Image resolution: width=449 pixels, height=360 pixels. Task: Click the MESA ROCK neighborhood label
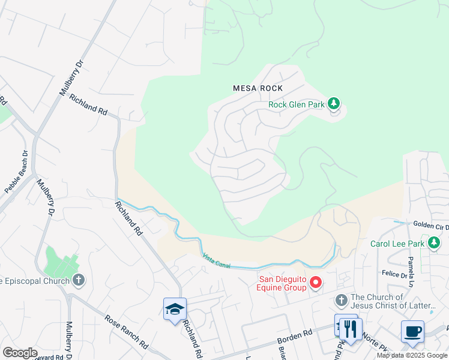coord(258,88)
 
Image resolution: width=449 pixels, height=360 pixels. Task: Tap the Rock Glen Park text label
coord(296,104)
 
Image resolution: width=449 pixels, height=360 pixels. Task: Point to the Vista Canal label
coord(217,260)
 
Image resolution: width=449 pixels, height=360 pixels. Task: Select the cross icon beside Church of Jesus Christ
coord(341,300)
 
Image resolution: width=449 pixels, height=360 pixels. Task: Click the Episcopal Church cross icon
coord(78,280)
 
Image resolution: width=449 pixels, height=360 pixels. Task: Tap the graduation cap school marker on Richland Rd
coord(175,309)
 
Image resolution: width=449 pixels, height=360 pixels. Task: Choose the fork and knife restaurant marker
coord(351,328)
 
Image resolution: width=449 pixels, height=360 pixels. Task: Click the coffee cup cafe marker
coord(412,331)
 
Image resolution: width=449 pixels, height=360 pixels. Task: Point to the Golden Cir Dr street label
coord(430,225)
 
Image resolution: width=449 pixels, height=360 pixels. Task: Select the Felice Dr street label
coord(394,274)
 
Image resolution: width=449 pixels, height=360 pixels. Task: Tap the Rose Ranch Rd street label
coord(126,331)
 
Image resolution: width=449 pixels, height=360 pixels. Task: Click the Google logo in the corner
coord(20,353)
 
